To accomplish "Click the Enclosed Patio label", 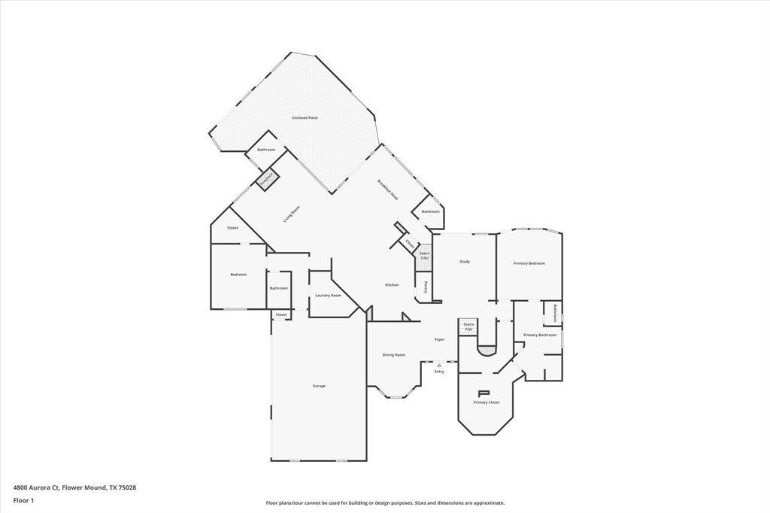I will [x=305, y=118].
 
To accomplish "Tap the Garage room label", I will [x=319, y=386].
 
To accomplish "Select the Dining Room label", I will [x=394, y=355].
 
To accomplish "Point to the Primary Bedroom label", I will [x=529, y=263].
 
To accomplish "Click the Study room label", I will [x=465, y=262].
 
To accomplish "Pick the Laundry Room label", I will [x=328, y=296].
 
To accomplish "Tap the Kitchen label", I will [x=392, y=285].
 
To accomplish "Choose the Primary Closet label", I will [x=486, y=402].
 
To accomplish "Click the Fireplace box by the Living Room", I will [x=267, y=179].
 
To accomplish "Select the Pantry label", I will [x=426, y=287].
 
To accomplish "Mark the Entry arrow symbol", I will [x=439, y=366].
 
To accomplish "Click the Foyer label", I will [x=439, y=340].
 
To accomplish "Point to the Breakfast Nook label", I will [x=388, y=189].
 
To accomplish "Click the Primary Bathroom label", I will [x=539, y=335].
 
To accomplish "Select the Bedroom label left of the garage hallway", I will [x=238, y=275].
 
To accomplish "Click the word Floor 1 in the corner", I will [x=23, y=500].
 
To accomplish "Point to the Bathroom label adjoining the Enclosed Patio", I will [x=266, y=150].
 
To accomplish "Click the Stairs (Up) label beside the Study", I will [x=424, y=256].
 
